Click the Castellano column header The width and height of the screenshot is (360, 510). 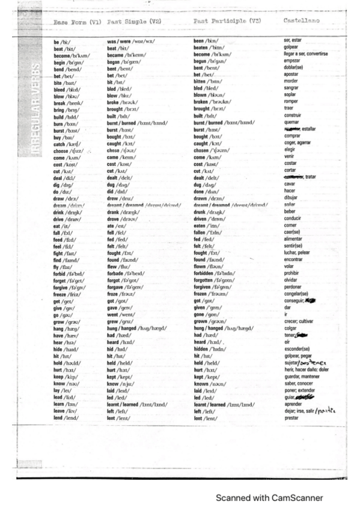301,22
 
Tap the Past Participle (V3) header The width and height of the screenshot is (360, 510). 227,22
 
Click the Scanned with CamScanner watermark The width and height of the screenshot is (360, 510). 269,498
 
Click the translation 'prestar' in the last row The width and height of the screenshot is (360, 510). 291,416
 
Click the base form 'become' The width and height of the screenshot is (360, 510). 64,54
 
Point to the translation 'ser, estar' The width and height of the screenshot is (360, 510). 294,41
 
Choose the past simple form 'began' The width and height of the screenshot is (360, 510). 115,61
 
